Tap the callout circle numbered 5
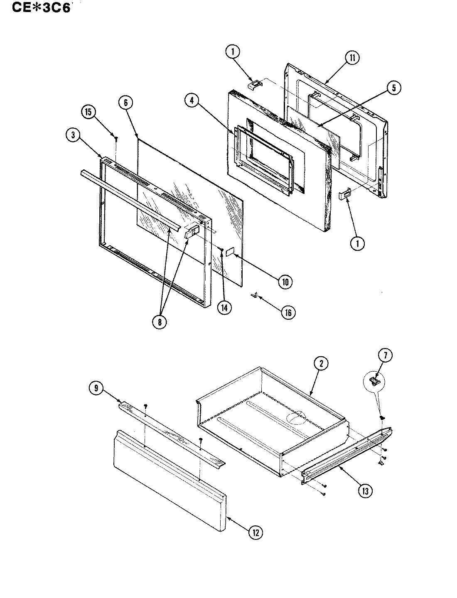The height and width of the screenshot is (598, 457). point(393,87)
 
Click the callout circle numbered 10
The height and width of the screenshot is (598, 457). point(285,282)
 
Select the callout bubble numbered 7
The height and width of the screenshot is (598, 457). point(385,355)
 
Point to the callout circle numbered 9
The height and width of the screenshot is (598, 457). point(96,388)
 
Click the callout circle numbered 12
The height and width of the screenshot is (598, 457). point(256,533)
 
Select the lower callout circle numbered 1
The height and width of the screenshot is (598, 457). point(357,243)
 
